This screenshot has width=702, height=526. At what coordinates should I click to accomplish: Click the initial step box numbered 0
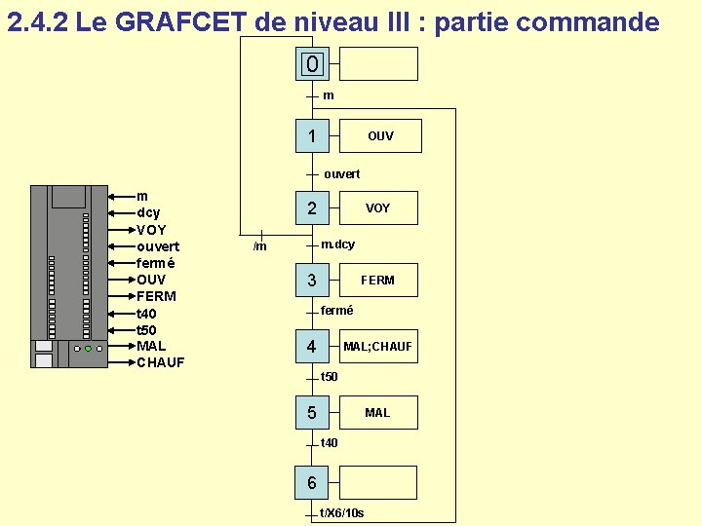[x=311, y=64]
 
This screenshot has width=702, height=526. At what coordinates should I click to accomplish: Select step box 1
[x=311, y=136]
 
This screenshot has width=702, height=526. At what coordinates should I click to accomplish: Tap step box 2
[x=311, y=207]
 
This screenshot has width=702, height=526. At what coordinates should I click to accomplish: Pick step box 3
[x=311, y=281]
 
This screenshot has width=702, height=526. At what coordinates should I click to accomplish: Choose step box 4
[x=311, y=346]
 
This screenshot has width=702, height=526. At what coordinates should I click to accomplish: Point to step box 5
[x=311, y=413]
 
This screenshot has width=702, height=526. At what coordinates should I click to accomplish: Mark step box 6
[x=311, y=482]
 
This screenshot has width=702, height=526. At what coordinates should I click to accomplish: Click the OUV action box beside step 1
[x=380, y=136]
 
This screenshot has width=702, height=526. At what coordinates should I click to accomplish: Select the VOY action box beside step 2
[x=377, y=208]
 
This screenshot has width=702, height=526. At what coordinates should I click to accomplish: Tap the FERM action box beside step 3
[x=377, y=281]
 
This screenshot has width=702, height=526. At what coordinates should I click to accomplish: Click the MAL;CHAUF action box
[x=377, y=347]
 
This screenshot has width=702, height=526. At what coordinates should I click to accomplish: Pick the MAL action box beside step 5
[x=377, y=413]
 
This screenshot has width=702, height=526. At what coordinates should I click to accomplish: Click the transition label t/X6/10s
[x=341, y=513]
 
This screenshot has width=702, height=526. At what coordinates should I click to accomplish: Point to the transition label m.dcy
[x=337, y=244]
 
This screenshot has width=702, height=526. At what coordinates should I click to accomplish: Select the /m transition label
[x=259, y=246]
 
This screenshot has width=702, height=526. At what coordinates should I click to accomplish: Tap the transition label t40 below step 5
[x=329, y=443]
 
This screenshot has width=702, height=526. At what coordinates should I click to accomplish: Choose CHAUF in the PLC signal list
[x=161, y=363]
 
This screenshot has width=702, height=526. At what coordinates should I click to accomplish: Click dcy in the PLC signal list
[x=148, y=212]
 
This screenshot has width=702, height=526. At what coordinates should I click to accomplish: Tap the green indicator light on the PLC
[x=88, y=348]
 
